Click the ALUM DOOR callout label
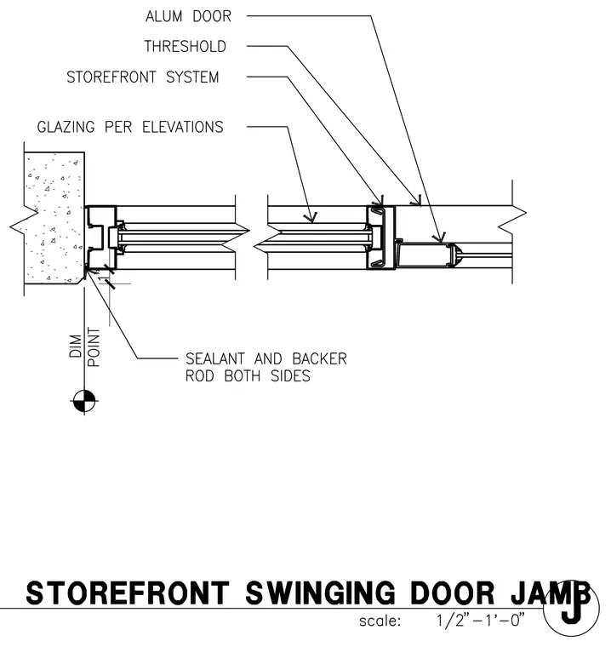[x=188, y=16]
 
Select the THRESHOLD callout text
[x=186, y=46]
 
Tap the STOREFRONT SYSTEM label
[x=143, y=77]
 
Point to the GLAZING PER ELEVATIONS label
[x=130, y=127]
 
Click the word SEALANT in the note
[x=215, y=359]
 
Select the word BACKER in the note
[x=319, y=359]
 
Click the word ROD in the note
[x=200, y=376]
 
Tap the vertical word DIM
[x=76, y=346]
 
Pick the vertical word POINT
[x=94, y=347]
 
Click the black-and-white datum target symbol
[x=84, y=401]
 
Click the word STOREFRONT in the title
[x=128, y=593]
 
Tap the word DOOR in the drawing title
[x=452, y=593]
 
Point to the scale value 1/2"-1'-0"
[x=481, y=620]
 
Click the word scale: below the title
[x=380, y=621]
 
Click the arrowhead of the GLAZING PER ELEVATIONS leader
[x=311, y=217]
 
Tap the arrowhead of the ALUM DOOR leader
[x=440, y=238]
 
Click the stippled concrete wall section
[x=53, y=218]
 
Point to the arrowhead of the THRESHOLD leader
[x=417, y=202]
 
